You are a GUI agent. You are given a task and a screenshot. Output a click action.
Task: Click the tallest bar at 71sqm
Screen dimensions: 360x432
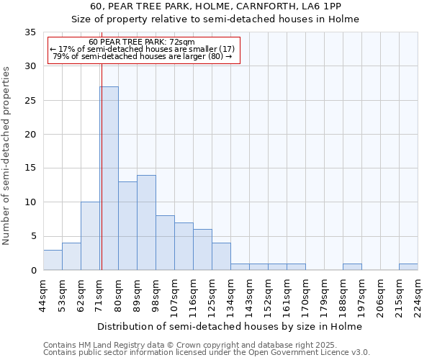[x=109, y=179]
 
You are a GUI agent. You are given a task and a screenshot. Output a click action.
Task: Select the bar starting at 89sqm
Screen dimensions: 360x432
[x=146, y=222]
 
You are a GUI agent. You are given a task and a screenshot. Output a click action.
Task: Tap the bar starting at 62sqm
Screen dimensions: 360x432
[x=90, y=236]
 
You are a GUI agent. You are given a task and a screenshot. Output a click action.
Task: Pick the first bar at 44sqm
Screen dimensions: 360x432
[x=53, y=260]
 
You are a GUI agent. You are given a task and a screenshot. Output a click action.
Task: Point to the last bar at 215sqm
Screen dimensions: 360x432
[x=408, y=267]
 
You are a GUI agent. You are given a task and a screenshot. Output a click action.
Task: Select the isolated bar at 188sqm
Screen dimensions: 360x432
[x=352, y=267]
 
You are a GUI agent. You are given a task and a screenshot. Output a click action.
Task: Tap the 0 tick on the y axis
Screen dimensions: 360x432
[x=33, y=271]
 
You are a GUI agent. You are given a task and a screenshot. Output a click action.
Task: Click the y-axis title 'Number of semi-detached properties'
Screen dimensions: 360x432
[x=7, y=156]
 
